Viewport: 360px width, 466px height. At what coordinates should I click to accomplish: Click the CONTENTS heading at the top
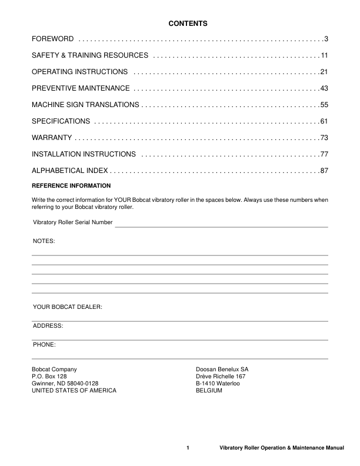(188, 24)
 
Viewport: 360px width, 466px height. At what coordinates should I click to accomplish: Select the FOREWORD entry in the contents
(52, 39)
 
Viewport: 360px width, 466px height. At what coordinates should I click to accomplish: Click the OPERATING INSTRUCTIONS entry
(79, 72)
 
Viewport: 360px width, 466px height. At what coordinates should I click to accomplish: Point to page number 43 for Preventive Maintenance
(324, 88)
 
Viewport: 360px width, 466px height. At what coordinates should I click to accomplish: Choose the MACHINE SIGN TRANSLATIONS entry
(85, 105)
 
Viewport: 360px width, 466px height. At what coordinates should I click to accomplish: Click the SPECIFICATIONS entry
(61, 121)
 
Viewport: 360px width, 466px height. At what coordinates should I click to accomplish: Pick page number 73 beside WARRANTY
(324, 138)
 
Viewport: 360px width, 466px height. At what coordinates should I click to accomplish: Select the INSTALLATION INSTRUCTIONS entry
(84, 154)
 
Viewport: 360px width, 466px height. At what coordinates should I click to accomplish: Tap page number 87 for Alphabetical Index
(324, 171)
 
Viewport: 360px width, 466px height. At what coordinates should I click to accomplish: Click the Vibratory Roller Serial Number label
(72, 222)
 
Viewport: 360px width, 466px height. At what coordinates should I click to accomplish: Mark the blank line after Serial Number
(221, 226)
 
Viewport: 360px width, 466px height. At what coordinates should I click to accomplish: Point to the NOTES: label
(44, 241)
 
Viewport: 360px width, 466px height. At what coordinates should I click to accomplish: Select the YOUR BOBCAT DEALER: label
(68, 307)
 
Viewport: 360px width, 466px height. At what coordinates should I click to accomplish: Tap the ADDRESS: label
(48, 325)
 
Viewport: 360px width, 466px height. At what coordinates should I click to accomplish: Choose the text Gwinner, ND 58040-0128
(65, 383)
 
